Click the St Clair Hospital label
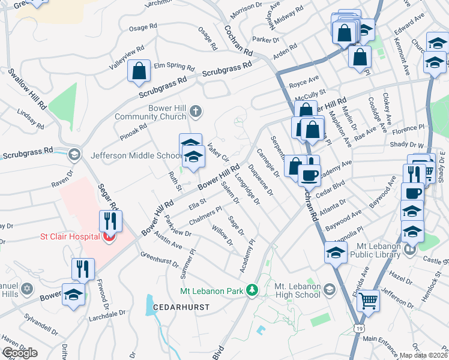70,236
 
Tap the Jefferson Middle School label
137,155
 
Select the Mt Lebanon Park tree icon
253,291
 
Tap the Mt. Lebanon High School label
297,290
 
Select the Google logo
20,353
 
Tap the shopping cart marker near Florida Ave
368,300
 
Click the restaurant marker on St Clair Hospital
112,221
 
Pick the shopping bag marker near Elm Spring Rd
139,71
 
